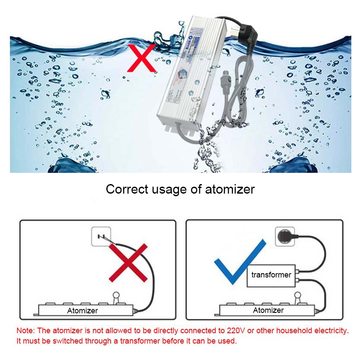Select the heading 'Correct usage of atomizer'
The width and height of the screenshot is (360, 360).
coord(180,189)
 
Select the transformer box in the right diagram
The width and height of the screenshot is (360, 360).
coord(271,275)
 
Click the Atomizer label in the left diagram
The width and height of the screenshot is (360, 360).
coord(82,310)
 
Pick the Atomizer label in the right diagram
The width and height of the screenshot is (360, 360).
coord(268,310)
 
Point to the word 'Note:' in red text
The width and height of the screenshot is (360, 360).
coord(26,331)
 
